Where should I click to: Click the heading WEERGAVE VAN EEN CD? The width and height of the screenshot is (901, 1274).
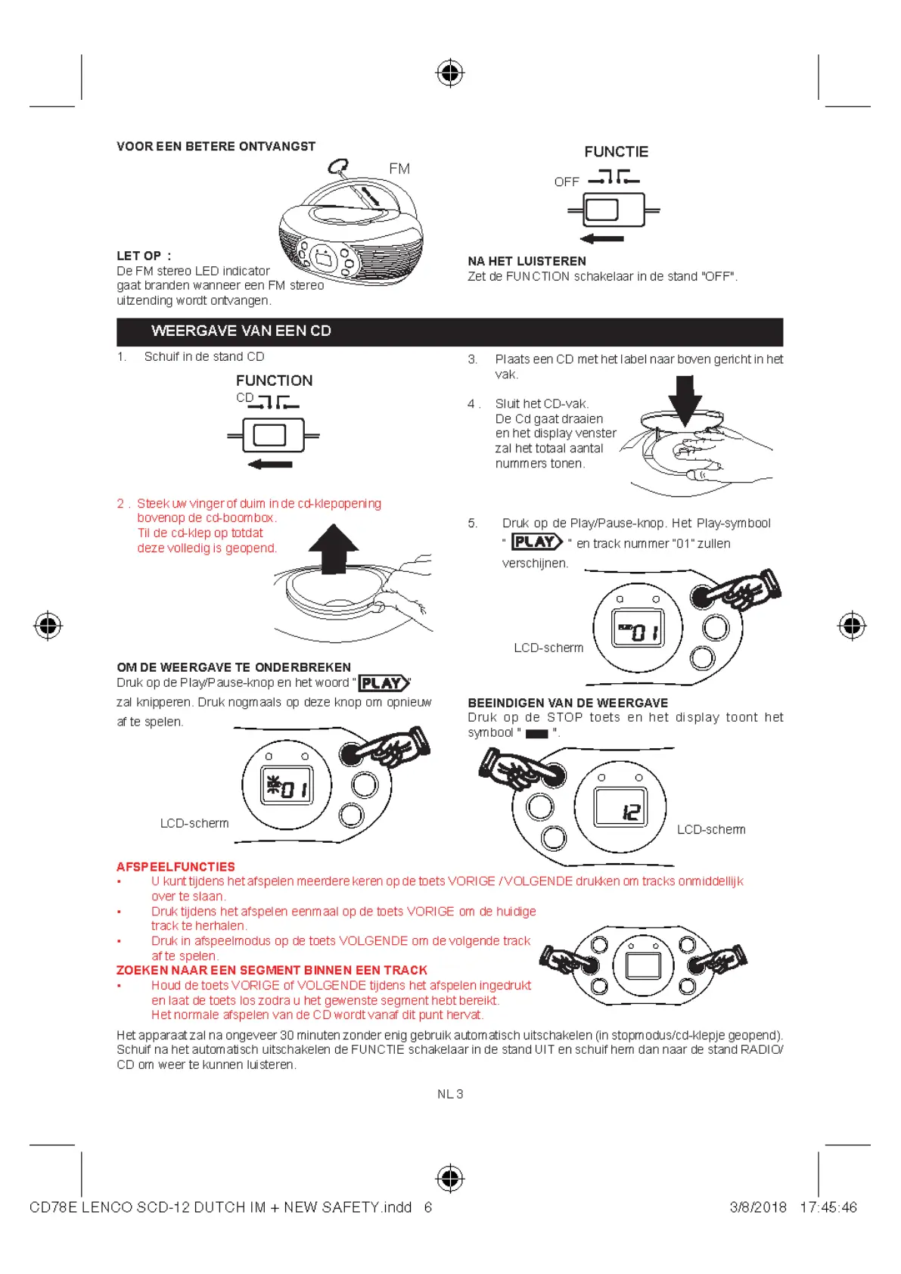(x=241, y=331)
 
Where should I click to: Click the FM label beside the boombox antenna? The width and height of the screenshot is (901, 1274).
(x=399, y=169)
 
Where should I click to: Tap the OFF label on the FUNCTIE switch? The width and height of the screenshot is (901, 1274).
(x=567, y=182)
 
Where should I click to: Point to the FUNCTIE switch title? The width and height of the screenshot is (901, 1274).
(x=616, y=152)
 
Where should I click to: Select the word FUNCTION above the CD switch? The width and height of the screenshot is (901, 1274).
(x=274, y=381)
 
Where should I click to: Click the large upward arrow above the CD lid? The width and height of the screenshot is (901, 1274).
(x=334, y=548)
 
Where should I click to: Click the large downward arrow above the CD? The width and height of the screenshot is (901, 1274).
(x=685, y=399)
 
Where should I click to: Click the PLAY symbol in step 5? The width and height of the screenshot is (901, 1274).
(x=537, y=542)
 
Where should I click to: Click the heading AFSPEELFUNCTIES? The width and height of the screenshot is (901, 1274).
(x=176, y=867)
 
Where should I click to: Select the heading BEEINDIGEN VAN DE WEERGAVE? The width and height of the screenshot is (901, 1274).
(x=567, y=703)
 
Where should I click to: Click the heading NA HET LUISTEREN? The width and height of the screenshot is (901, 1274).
(x=527, y=261)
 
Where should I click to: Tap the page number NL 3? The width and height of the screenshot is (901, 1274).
(x=450, y=1094)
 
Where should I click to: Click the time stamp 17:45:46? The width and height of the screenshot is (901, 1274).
(x=828, y=1207)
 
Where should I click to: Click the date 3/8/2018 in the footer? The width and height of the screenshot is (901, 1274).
(x=758, y=1207)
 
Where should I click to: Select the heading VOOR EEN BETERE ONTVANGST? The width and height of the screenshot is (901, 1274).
(x=216, y=147)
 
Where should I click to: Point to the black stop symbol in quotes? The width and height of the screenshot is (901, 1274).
(x=536, y=734)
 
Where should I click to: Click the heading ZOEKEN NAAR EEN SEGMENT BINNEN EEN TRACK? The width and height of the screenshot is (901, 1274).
(x=272, y=970)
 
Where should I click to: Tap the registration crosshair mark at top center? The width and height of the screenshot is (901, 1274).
(x=450, y=73)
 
